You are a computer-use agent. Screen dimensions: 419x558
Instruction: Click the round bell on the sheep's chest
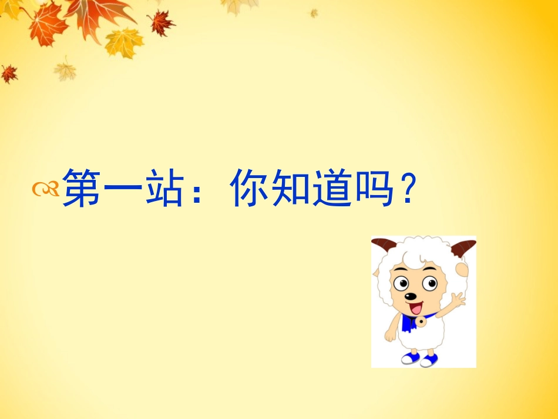coord(421,323)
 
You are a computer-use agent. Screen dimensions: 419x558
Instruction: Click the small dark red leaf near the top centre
coord(160,23)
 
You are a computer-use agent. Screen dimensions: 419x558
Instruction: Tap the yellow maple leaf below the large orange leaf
coord(124,42)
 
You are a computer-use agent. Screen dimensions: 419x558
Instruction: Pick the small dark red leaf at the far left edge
coord(8,73)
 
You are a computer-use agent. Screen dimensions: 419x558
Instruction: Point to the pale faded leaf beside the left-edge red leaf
coord(65,70)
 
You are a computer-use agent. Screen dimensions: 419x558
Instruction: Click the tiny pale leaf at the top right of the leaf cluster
coord(314,12)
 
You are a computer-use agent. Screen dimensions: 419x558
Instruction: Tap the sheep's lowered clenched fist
coord(390,336)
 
